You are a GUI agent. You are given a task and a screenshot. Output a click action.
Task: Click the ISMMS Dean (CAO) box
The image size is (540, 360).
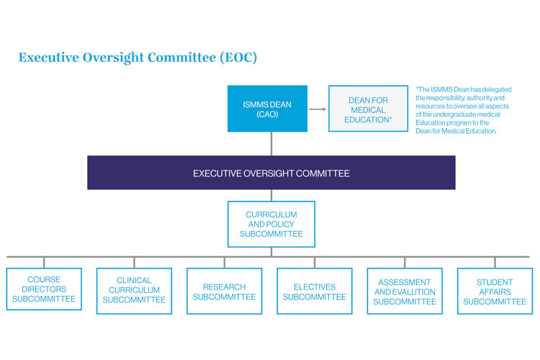coord(267,109)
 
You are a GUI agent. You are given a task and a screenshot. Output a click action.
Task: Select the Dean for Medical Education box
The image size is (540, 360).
coord(368,109)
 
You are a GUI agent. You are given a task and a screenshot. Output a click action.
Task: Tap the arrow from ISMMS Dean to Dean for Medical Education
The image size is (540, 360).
coord(318,109)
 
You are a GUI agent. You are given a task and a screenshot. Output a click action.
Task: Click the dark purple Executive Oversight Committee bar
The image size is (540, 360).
coord(271,173)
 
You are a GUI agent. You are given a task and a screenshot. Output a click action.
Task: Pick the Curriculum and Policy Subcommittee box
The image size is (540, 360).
coord(271,224)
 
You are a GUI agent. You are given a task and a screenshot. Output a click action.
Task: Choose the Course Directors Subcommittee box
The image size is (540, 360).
coord(44,289)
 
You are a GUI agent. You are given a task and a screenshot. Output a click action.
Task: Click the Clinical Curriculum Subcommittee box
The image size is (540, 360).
coord(134,290)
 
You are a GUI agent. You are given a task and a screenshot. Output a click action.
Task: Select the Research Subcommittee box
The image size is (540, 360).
coord(224,290)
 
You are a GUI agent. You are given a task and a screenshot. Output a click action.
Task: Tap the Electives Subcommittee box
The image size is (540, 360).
coord(314,290)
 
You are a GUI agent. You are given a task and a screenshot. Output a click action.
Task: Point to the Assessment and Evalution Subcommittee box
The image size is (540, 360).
coord(404,290)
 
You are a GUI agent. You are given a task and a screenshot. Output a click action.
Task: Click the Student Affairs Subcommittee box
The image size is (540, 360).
coord(494,290)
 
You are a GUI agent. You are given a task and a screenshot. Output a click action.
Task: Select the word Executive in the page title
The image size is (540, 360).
coord(50,57)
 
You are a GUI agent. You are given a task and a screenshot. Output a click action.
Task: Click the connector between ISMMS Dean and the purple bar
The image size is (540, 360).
coord(271,144)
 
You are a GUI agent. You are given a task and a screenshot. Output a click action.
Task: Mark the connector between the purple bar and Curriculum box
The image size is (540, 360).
coord(271,195)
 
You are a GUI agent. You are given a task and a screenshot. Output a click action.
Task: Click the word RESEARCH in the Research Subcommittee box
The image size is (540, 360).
coord(224,287)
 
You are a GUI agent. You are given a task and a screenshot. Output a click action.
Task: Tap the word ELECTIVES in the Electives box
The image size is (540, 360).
coord(314,287)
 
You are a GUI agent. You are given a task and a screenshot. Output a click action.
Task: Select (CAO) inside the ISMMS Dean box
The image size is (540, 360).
coord(267,114)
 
